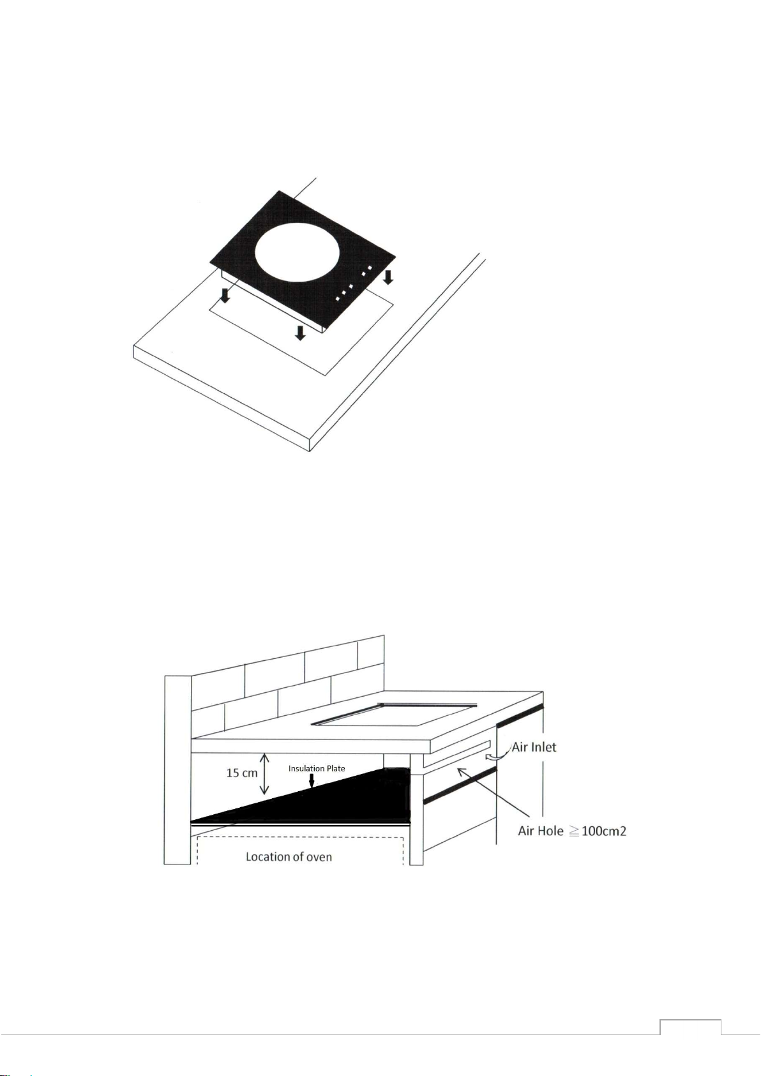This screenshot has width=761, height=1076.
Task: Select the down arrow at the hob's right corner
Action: coord(388,277)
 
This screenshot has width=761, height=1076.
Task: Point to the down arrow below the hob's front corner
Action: coord(300,333)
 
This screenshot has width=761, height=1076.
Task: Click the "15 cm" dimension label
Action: coord(241,773)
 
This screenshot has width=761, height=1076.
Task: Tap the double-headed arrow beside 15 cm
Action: coord(264,774)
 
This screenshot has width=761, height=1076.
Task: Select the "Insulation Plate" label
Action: coord(317,768)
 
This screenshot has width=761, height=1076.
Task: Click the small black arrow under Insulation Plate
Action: coord(312,780)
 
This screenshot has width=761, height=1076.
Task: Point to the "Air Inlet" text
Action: coord(534,747)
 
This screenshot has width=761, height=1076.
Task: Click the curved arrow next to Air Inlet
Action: coord(497,755)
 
